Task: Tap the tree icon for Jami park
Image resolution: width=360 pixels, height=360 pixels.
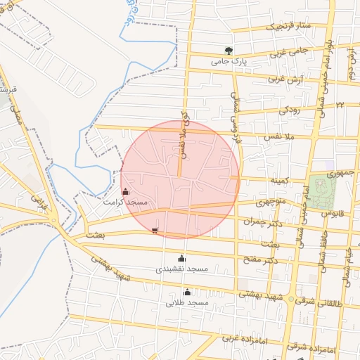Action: click(229, 50)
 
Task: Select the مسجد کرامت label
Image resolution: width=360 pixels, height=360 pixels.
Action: click(125, 202)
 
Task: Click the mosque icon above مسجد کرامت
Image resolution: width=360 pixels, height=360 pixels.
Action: click(125, 191)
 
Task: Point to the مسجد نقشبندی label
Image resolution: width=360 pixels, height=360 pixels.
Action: click(182, 269)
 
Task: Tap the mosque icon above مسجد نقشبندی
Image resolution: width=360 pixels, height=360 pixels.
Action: click(182, 258)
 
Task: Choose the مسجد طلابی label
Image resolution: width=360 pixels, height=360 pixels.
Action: click(187, 303)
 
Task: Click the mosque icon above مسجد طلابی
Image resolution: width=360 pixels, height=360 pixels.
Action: click(187, 292)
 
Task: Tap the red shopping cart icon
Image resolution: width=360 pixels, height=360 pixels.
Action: click(155, 231)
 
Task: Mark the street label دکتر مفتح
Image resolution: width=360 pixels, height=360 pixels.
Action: click(261, 261)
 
